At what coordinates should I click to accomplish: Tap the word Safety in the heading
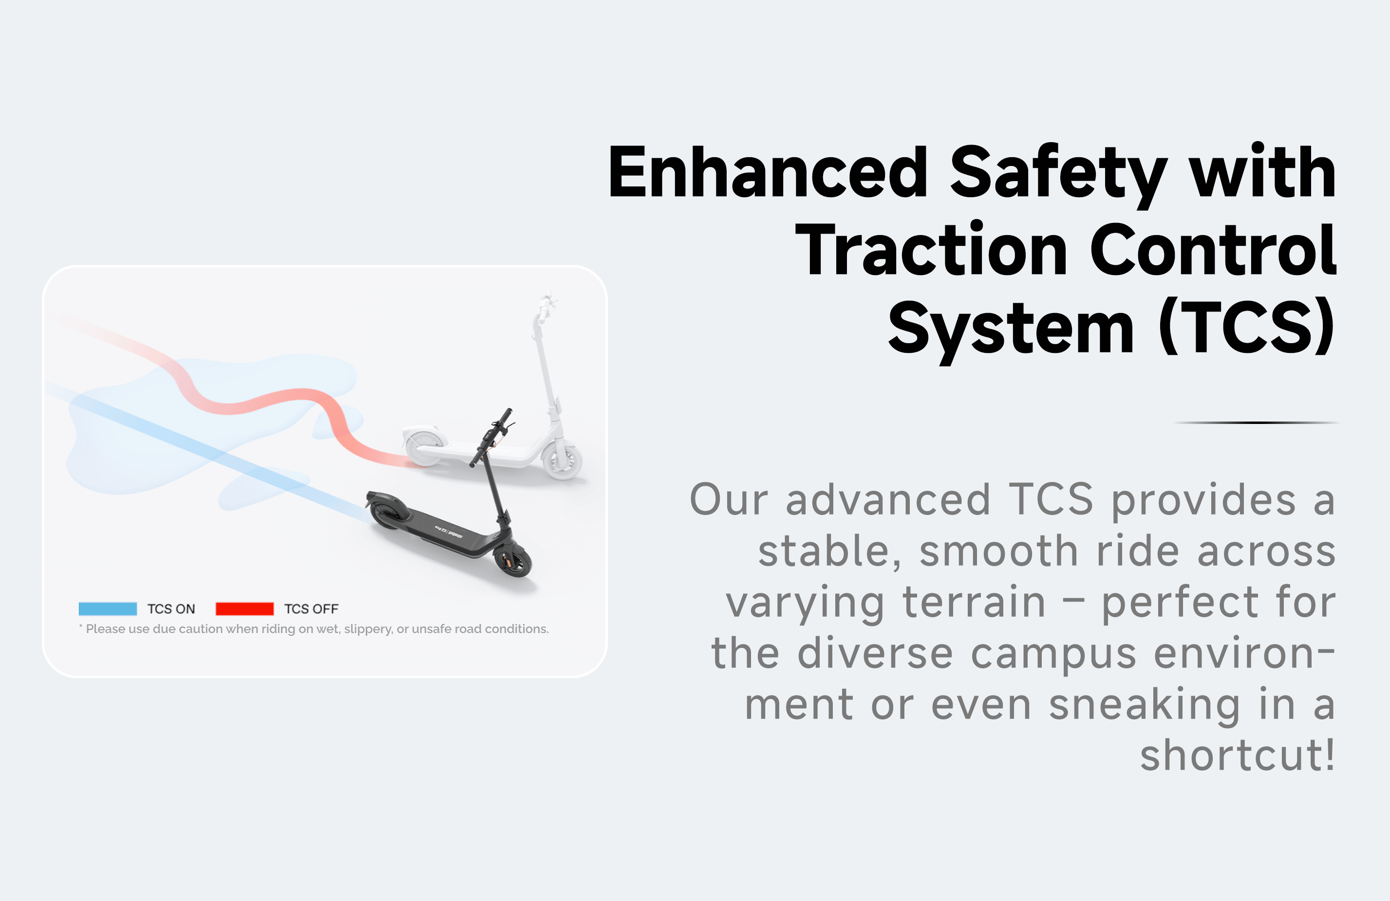coord(1058,175)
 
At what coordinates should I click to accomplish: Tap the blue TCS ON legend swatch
coord(108,608)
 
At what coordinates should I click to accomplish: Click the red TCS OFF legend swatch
coord(244,608)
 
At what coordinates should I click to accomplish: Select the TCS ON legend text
coord(171,608)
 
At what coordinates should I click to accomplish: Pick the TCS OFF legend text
coord(311,608)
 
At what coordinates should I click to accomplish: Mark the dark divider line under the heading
coord(1256,422)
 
